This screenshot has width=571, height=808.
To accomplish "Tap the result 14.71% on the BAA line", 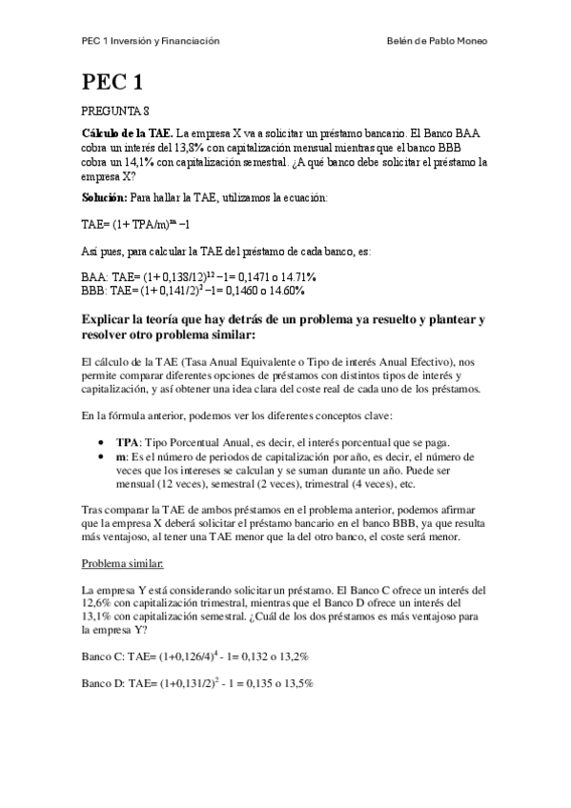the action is point(298,275).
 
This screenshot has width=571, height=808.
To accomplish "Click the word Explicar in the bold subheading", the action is point(113,321).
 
